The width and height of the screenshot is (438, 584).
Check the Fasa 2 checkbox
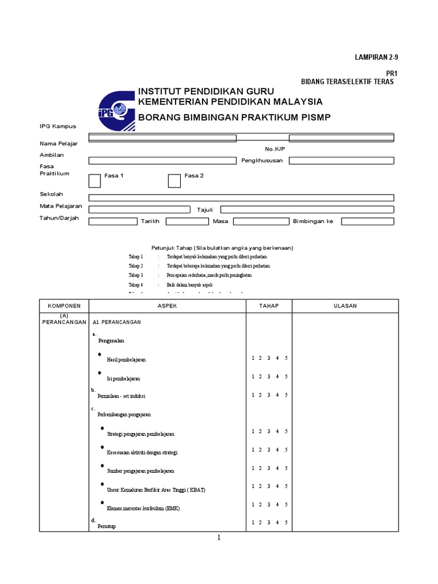point(174,180)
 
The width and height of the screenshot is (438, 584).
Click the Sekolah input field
point(241,197)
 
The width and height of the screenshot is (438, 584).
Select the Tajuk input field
point(307,209)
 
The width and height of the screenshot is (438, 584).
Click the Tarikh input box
point(187,221)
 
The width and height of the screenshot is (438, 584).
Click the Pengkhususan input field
point(341,161)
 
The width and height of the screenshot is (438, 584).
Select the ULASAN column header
point(345,306)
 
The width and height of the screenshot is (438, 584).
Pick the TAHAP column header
point(269,306)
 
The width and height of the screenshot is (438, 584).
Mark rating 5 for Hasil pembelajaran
point(286,358)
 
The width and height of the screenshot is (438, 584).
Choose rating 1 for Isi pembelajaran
point(253,376)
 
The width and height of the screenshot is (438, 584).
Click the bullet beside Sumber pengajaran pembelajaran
point(102,465)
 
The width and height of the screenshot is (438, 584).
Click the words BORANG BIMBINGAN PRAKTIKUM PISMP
point(234,117)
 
